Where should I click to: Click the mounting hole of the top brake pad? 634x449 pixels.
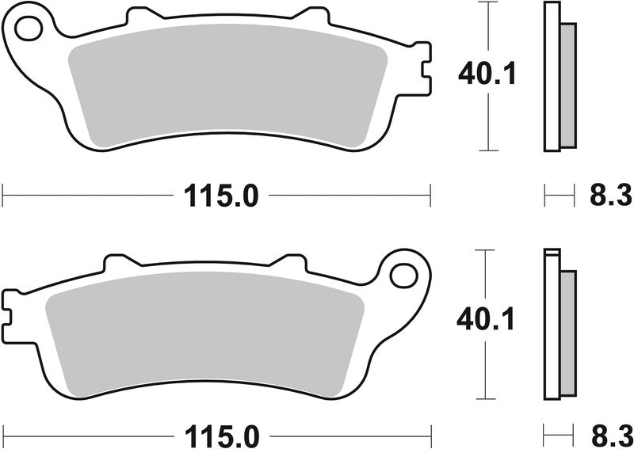click(x=29, y=29)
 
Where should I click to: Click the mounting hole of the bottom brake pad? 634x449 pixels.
click(x=405, y=274)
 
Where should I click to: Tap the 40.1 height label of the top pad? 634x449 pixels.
click(x=487, y=75)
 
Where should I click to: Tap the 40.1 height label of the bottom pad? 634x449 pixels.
click(x=487, y=320)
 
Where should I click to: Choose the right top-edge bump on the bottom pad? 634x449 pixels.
click(x=286, y=261)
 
